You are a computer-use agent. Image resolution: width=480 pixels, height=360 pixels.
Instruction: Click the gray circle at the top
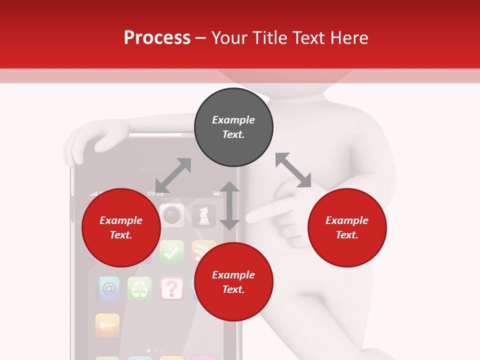(233, 127)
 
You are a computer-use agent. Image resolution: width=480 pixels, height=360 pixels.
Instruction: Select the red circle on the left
(121, 227)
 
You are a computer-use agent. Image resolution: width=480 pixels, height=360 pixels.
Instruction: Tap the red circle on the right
(347, 227)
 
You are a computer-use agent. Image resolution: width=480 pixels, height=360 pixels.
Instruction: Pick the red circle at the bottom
(233, 282)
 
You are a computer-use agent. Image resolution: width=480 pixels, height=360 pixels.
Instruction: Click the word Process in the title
(157, 37)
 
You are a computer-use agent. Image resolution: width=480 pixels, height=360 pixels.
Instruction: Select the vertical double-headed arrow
(229, 205)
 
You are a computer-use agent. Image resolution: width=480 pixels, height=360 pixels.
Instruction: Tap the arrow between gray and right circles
(293, 170)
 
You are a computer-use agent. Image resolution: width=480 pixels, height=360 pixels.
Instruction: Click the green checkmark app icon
(171, 252)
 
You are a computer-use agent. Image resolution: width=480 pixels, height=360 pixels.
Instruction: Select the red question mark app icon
(171, 288)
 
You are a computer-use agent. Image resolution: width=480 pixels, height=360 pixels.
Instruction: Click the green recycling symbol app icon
(139, 288)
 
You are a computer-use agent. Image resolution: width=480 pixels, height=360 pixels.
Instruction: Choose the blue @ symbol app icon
(107, 288)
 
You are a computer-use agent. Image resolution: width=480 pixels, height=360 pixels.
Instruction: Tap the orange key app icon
(107, 325)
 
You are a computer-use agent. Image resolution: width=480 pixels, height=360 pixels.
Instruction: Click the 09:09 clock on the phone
(155, 193)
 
